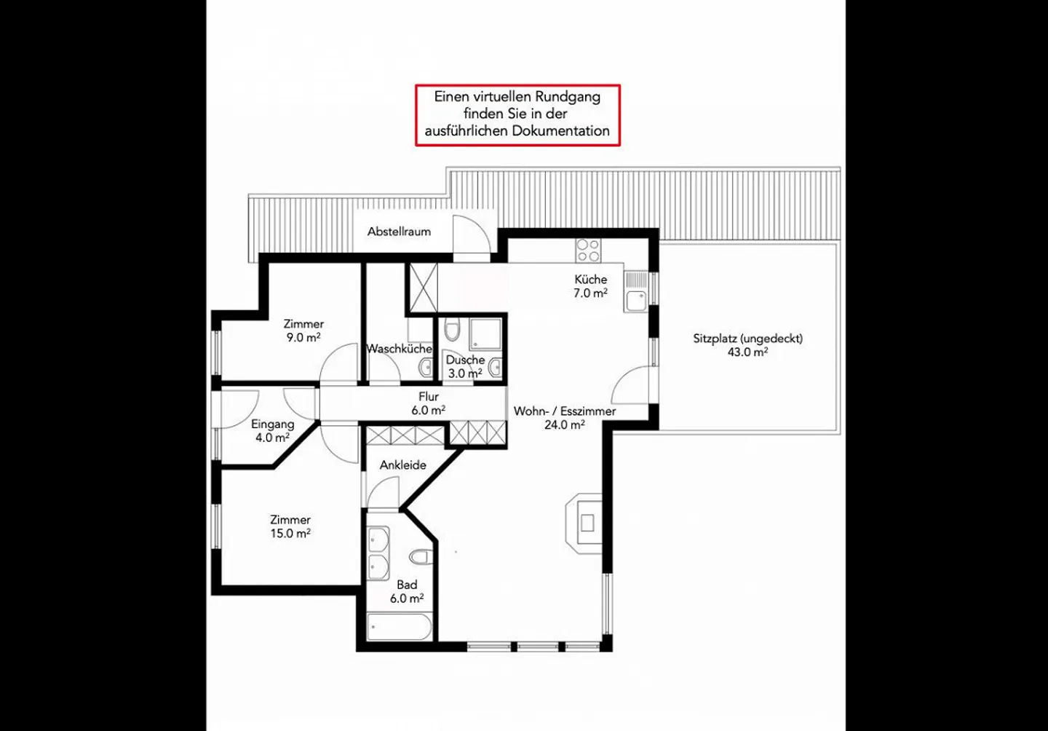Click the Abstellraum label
[399, 232]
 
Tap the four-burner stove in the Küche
[589, 250]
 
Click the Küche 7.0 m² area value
[590, 293]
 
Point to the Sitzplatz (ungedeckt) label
[747, 339]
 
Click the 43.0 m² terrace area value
[747, 352]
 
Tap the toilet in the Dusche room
[452, 329]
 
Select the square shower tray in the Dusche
[485, 334]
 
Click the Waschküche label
[399, 349]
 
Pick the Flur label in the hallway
[429, 397]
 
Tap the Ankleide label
[403, 465]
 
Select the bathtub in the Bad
[400, 627]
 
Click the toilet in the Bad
[421, 557]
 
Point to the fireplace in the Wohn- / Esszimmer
[584, 522]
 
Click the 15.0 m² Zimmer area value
[290, 534]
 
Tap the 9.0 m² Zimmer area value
[303, 337]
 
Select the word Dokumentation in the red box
[560, 131]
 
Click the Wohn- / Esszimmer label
[565, 411]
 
